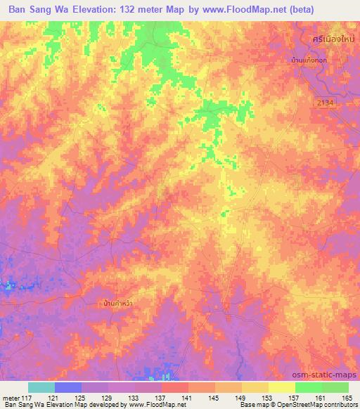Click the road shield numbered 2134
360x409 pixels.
[324, 103]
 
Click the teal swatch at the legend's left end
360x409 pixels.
[41, 387]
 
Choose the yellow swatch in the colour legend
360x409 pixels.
[282, 387]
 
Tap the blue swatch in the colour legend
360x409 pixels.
[68, 387]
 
